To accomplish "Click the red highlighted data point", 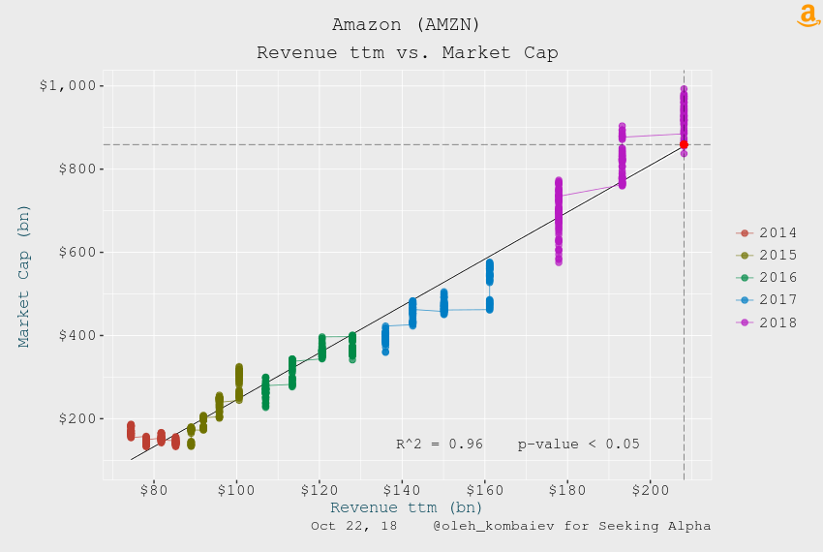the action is tap(684, 144).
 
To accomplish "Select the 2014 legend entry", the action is tap(766, 232).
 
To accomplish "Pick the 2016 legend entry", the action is tap(766, 277).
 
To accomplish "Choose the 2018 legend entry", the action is tap(766, 322).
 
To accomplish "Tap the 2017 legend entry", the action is tap(766, 300).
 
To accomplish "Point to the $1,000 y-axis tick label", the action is tap(68, 85).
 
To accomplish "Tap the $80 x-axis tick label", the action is tap(154, 491).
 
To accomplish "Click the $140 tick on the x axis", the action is tap(402, 491).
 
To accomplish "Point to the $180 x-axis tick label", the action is tap(566, 491).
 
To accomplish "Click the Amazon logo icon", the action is tap(808, 15).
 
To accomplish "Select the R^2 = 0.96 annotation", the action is tap(440, 445).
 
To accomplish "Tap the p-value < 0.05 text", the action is tap(578, 445).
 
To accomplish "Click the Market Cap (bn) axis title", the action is tap(23, 276).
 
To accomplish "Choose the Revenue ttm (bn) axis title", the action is tap(407, 507).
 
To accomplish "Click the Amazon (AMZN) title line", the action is tap(407, 24).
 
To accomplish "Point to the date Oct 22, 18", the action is tap(353, 526).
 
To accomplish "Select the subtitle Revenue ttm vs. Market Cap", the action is tap(408, 52).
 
